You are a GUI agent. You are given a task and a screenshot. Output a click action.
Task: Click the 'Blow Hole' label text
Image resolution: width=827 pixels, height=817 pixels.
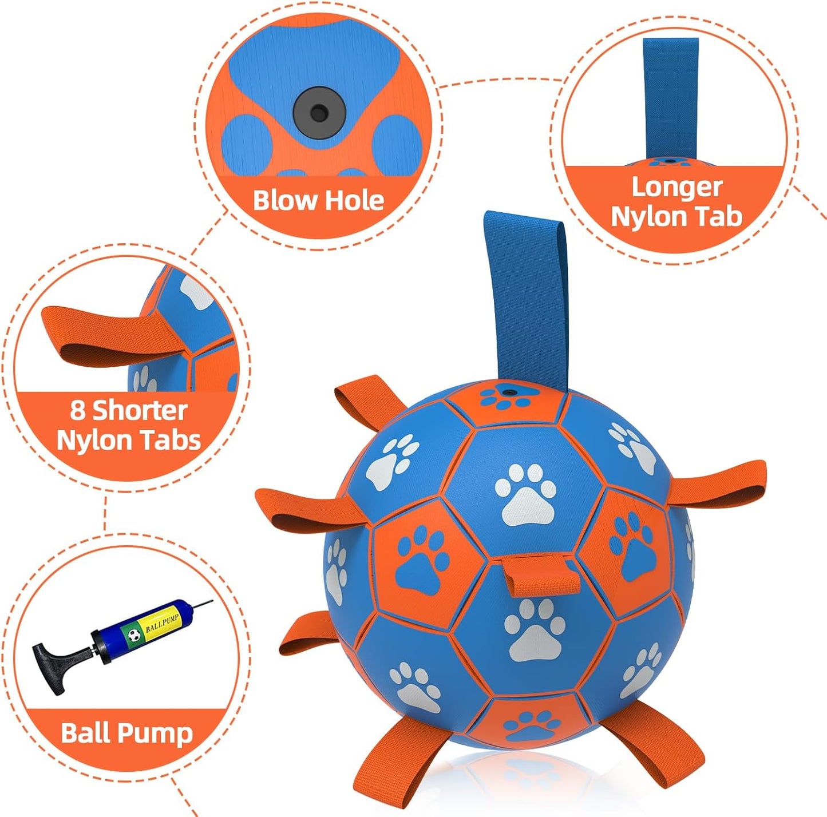pos(318,200)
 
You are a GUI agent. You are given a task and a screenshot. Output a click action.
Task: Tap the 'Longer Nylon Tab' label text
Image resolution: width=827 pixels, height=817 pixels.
pos(676,202)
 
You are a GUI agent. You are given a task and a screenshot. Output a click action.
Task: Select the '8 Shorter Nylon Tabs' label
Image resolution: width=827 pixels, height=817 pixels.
pos(129,426)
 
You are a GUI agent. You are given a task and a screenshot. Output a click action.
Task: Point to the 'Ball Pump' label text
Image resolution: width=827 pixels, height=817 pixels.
pos(126,733)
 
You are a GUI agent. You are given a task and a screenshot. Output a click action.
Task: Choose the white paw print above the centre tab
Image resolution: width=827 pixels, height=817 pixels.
pos(525,495)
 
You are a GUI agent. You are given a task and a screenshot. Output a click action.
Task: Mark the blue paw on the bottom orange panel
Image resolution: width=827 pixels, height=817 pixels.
pos(532,725)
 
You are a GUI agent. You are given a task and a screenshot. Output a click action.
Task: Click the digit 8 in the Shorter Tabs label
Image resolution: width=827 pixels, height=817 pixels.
pos(78,410)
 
